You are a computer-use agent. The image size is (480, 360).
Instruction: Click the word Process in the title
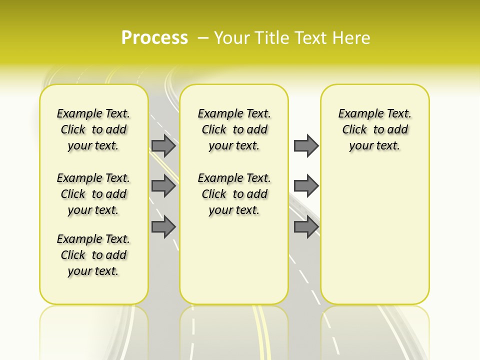154,37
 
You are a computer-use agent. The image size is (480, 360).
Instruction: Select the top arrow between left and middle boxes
163,146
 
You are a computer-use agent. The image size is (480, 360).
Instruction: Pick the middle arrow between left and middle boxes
163,186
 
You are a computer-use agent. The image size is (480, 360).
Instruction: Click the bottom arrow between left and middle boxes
163,226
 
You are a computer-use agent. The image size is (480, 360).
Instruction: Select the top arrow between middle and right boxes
306,146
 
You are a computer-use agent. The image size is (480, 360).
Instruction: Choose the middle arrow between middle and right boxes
306,186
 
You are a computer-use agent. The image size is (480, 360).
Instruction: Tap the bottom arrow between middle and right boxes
306,226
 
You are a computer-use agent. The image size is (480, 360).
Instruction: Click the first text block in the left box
93,129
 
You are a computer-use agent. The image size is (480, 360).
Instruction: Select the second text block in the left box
93,194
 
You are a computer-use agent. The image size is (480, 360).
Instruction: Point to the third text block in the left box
93,255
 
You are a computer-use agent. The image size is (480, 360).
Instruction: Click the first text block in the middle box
234,129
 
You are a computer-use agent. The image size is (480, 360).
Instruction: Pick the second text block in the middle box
234,194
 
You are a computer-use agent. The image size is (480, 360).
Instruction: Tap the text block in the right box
374,129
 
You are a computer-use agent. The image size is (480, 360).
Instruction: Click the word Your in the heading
231,38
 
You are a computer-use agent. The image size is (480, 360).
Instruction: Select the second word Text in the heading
312,38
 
